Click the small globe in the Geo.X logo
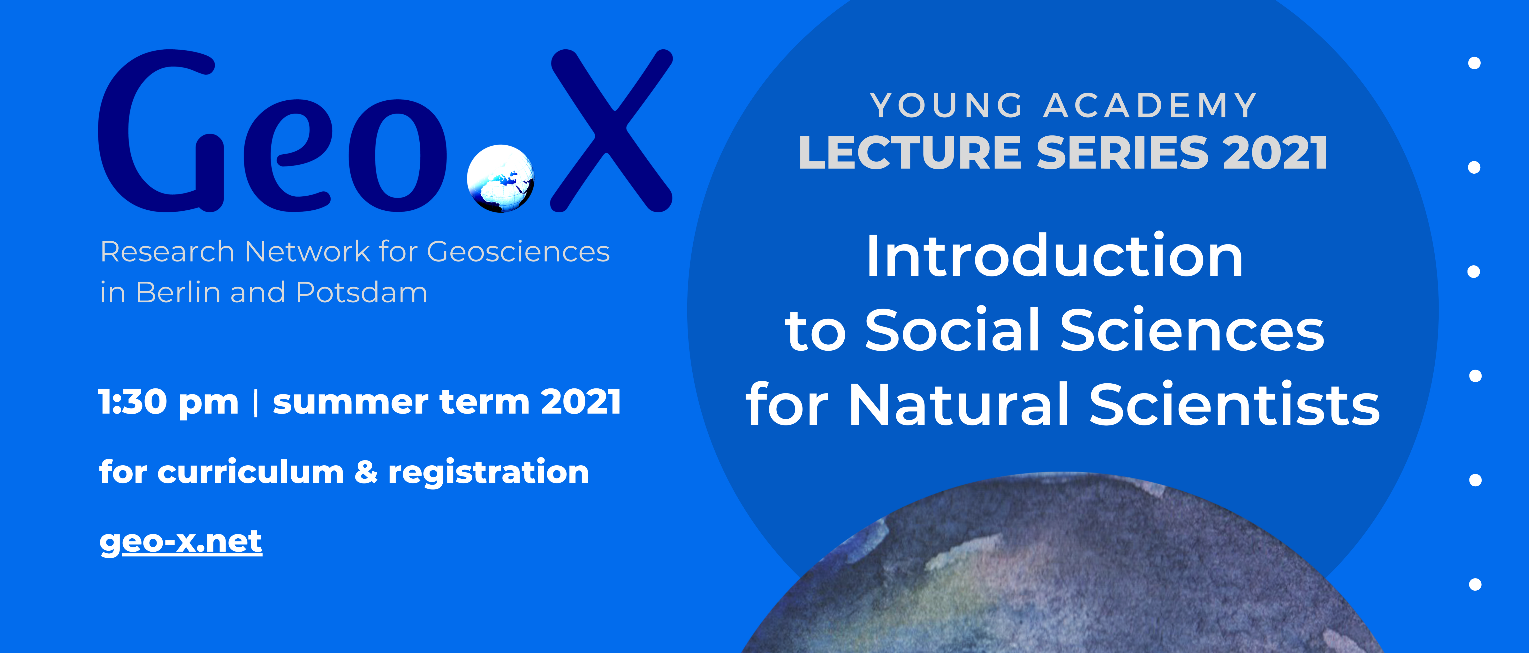[500, 178]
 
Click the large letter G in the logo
[160, 131]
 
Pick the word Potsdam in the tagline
[362, 292]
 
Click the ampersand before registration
[366, 473]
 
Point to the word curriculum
[250, 473]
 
